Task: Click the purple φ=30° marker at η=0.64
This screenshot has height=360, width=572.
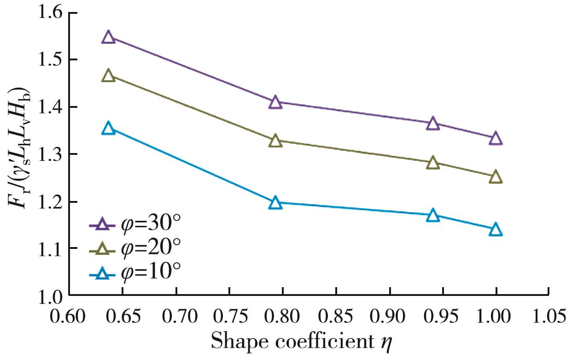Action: [x=108, y=37]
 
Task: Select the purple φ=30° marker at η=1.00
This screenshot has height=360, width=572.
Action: [x=496, y=138]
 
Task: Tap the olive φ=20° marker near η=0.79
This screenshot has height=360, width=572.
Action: [x=275, y=141]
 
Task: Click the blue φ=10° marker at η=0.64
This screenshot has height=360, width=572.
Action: [x=108, y=128]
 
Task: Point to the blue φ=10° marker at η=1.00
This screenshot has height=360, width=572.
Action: [x=496, y=230]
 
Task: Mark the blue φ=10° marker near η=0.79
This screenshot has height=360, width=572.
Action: [x=275, y=203]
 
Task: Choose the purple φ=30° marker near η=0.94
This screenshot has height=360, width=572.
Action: [x=433, y=124]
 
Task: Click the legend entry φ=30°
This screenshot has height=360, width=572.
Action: [x=134, y=225]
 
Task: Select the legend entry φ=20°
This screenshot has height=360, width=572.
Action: [x=134, y=249]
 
